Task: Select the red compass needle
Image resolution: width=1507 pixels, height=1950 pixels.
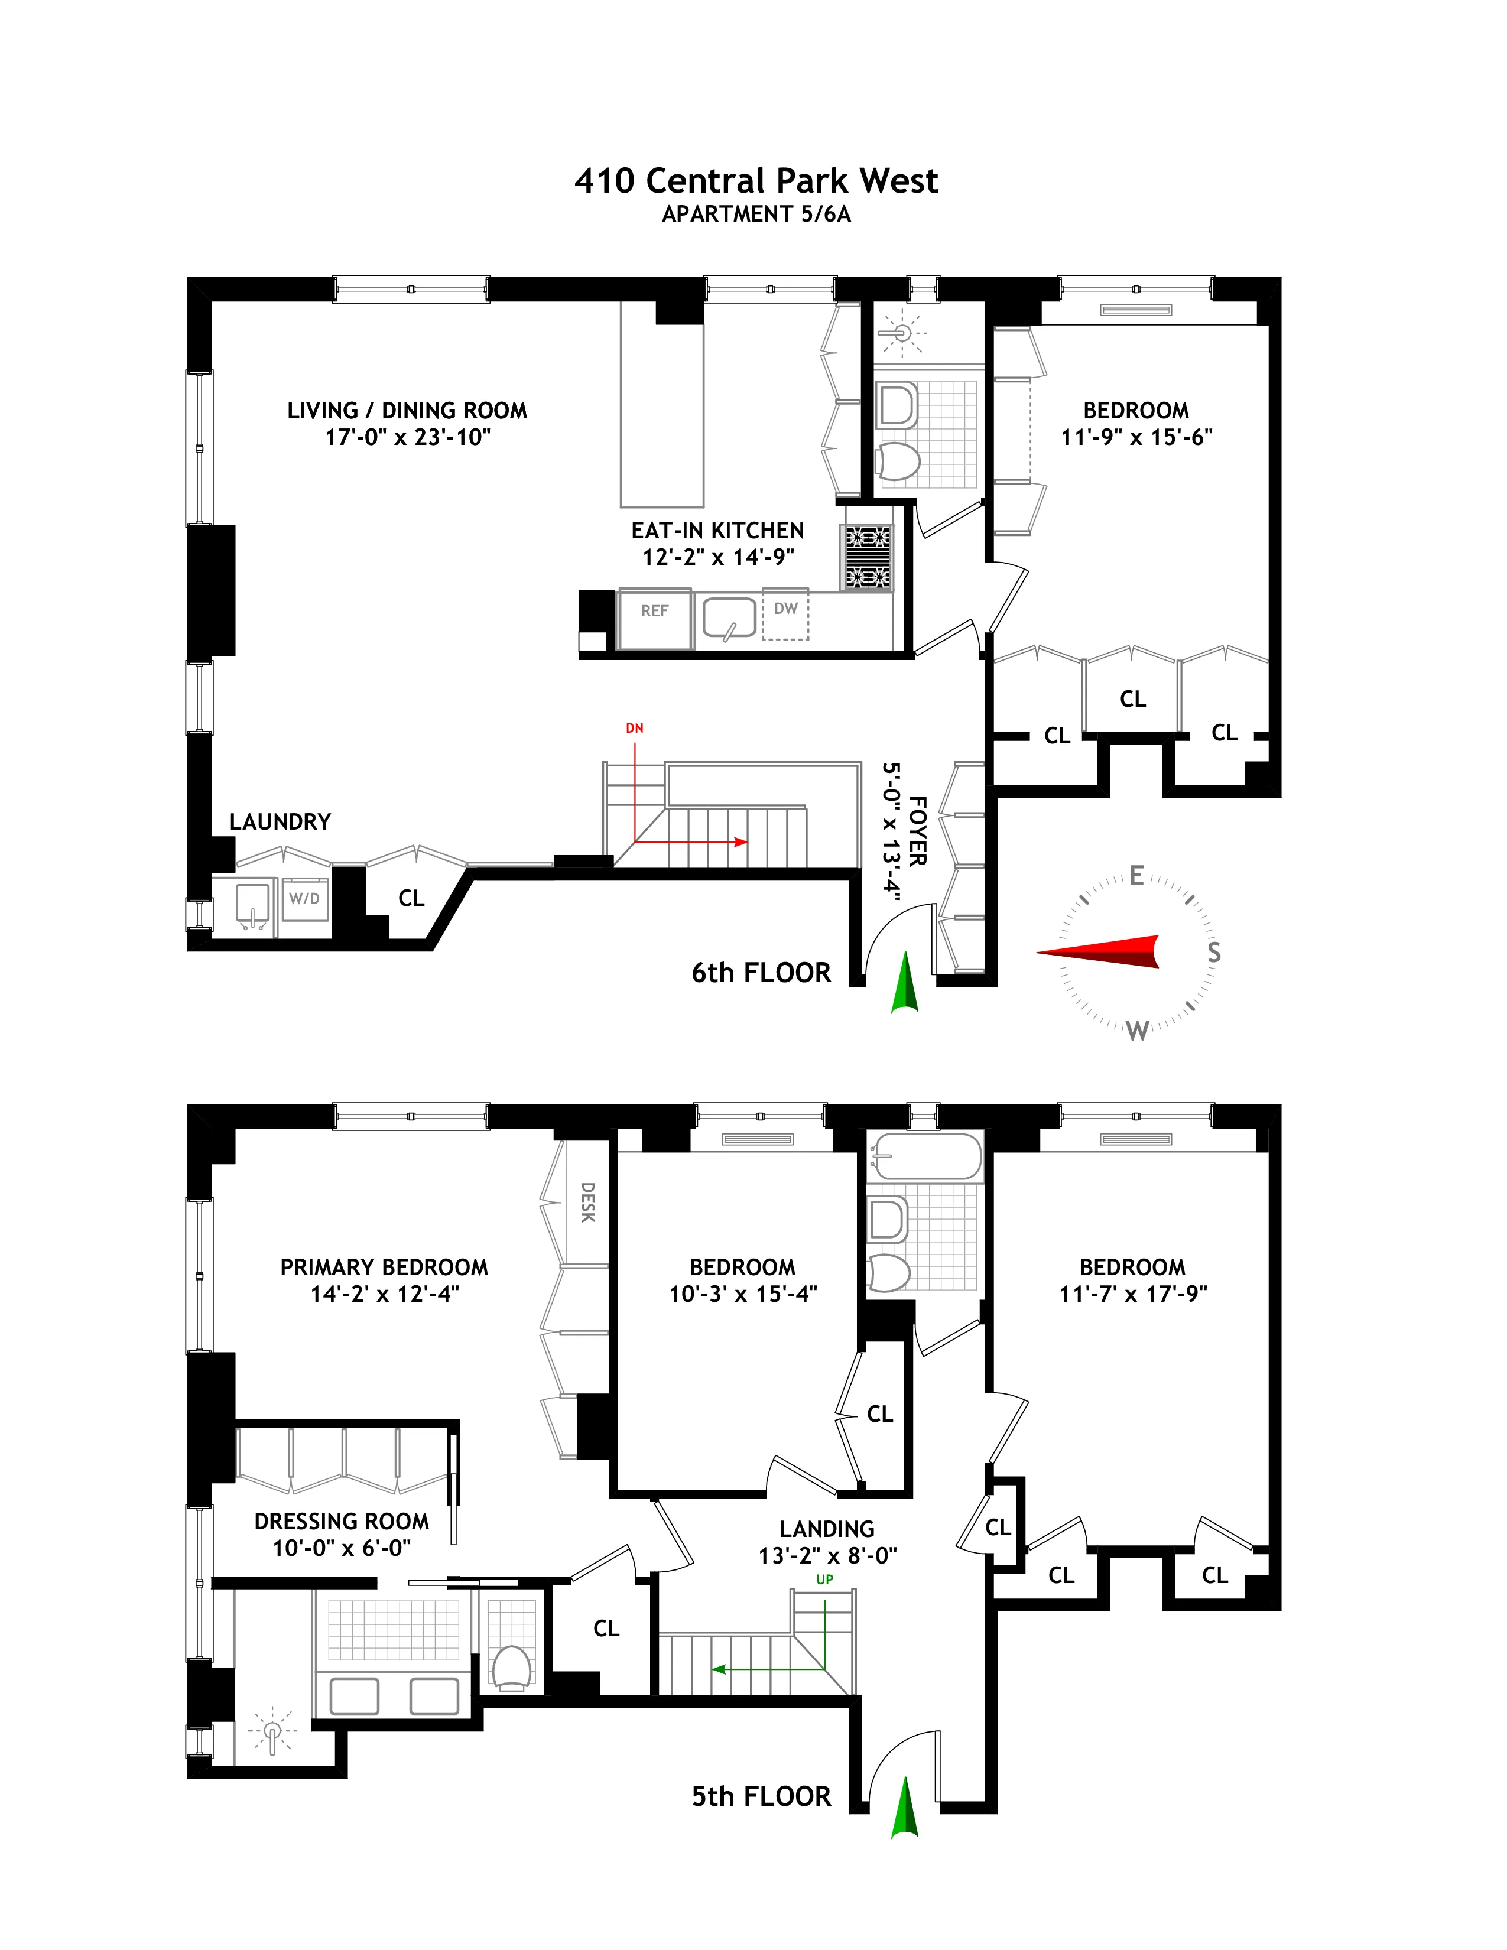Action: click(1107, 952)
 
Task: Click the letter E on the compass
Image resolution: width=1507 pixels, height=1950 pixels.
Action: click(1136, 876)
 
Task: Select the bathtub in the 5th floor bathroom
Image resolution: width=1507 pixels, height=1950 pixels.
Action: click(924, 1156)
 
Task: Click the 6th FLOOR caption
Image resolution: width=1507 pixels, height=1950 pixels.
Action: click(761, 972)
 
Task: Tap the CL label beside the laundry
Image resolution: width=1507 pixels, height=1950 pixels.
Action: click(411, 898)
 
